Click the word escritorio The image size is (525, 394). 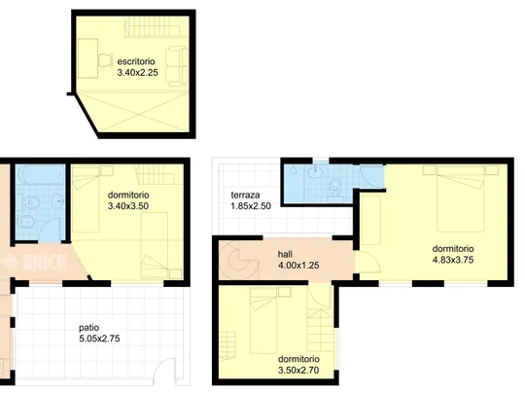(x=136, y=61)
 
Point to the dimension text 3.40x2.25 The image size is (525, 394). (x=138, y=73)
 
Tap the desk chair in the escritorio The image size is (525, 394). (x=105, y=60)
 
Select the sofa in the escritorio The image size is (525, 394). (x=177, y=66)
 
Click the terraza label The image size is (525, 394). (x=245, y=195)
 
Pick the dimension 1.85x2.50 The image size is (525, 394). (x=251, y=206)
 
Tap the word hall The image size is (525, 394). (x=285, y=254)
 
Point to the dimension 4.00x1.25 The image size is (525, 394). (x=298, y=266)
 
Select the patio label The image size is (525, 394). (x=89, y=328)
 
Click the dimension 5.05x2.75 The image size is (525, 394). (x=99, y=339)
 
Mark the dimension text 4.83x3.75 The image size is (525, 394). (x=453, y=260)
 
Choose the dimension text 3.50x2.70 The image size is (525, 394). (x=298, y=371)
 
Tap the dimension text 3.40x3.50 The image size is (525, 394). (x=128, y=206)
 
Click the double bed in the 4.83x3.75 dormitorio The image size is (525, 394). (x=461, y=199)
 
